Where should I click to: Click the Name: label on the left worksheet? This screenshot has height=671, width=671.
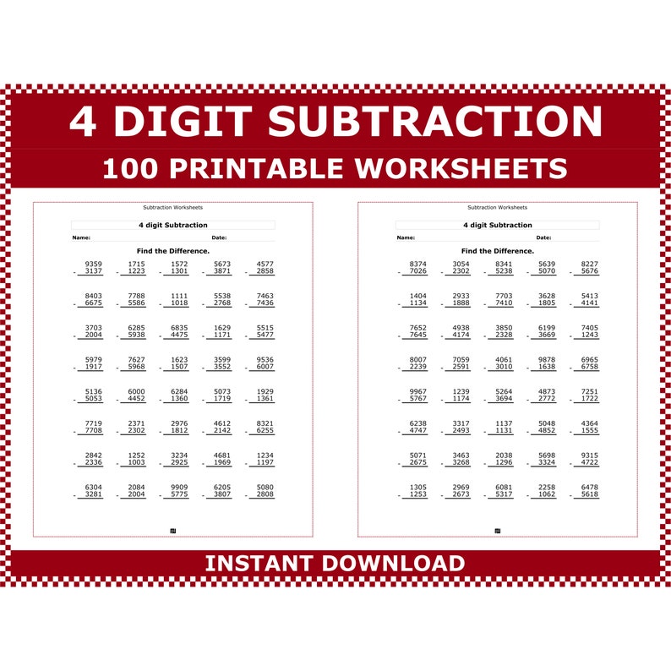(81, 237)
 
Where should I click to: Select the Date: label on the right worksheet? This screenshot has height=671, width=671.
(543, 237)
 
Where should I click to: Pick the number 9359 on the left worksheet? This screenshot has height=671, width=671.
(94, 264)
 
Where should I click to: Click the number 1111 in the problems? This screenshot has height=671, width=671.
(179, 296)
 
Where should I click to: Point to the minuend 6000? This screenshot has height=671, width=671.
(136, 391)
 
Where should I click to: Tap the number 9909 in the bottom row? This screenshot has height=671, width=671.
(179, 487)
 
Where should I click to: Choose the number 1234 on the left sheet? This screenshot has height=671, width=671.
(265, 456)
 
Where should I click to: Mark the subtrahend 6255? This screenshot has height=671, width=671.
(265, 430)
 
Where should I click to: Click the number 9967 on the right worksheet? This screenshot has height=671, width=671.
(418, 391)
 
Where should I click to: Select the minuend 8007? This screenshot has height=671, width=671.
(418, 360)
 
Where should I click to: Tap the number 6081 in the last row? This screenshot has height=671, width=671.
(504, 487)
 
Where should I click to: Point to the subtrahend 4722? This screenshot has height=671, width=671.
(590, 462)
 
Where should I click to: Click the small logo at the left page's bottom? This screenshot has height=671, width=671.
(173, 531)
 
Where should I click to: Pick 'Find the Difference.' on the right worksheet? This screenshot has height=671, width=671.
(497, 251)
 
